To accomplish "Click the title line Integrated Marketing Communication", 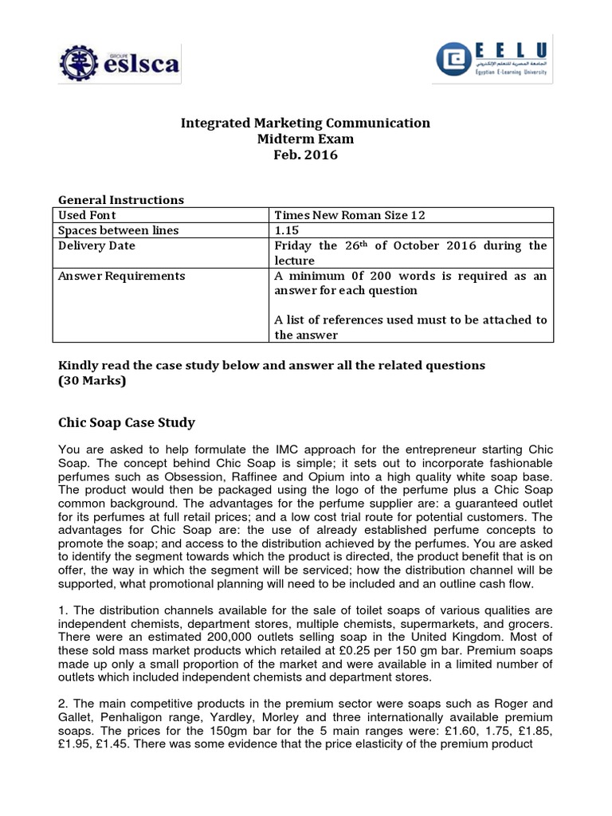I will pyautogui.click(x=305, y=123).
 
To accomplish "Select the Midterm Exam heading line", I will pyautogui.click(x=305, y=139).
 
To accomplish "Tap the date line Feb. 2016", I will pyautogui.click(x=305, y=155).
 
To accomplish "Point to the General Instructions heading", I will pyautogui.click(x=121, y=200).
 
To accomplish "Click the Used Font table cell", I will pyautogui.click(x=88, y=215).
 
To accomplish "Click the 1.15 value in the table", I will pyautogui.click(x=285, y=230).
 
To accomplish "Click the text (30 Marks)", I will pyautogui.click(x=92, y=381).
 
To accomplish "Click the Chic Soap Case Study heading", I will pyautogui.click(x=127, y=422).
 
